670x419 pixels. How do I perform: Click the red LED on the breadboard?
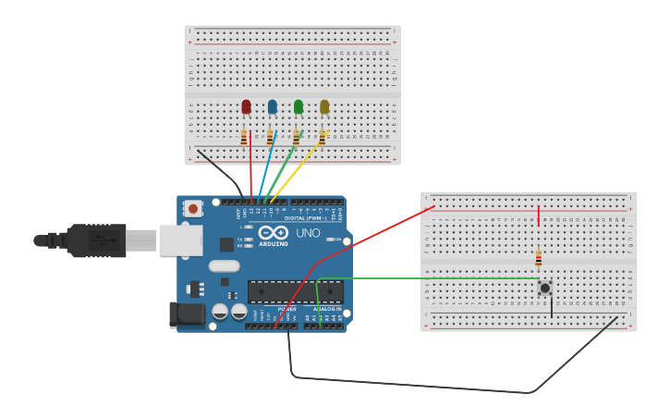[x=246, y=107]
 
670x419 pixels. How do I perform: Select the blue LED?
[x=272, y=107]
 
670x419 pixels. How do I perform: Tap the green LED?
[x=298, y=107]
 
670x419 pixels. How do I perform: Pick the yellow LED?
[x=324, y=107]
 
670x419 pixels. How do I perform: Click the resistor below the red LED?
[x=244, y=138]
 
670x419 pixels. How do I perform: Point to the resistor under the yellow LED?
[x=323, y=138]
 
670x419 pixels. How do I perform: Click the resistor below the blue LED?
[x=270, y=138]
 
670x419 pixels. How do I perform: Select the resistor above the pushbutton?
[x=539, y=258]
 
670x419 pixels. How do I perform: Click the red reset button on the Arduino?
[x=192, y=209]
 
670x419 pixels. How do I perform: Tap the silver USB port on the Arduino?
[x=180, y=240]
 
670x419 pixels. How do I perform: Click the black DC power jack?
[x=188, y=314]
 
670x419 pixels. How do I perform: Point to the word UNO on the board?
[x=309, y=233]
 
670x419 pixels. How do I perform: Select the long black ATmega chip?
[x=295, y=292]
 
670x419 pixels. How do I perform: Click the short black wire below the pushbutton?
[x=552, y=306]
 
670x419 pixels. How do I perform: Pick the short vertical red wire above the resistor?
[x=539, y=216]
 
